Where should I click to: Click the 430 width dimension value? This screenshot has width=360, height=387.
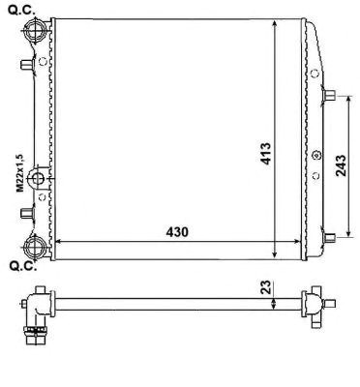pyautogui.click(x=177, y=232)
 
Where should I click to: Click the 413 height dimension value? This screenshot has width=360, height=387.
pyautogui.click(x=266, y=154)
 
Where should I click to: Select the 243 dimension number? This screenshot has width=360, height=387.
pyautogui.click(x=341, y=165)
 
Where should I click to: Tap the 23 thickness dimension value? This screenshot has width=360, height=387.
pyautogui.click(x=266, y=286)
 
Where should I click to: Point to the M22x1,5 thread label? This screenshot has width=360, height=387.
pyautogui.click(x=20, y=173)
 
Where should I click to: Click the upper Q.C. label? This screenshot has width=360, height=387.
pyautogui.click(x=21, y=10)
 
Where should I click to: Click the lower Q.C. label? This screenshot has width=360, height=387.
pyautogui.click(x=22, y=266)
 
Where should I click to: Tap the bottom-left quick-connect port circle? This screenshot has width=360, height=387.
pyautogui.click(x=35, y=247)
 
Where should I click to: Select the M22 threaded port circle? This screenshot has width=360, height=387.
pyautogui.click(x=38, y=178)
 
